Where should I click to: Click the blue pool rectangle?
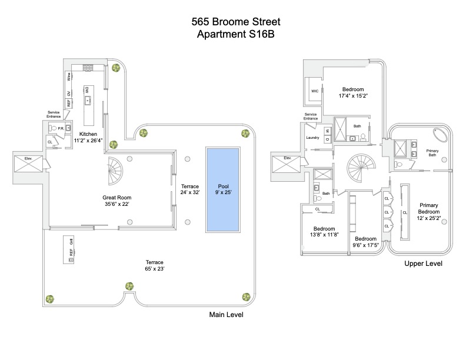tap(222, 189)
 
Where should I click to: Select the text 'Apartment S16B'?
tap(236, 35)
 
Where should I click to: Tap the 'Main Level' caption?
tap(227, 315)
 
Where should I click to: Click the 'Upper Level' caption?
tap(423, 264)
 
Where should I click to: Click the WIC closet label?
tap(314, 91)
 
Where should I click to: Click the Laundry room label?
tap(312, 138)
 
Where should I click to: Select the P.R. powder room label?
tap(60, 128)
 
